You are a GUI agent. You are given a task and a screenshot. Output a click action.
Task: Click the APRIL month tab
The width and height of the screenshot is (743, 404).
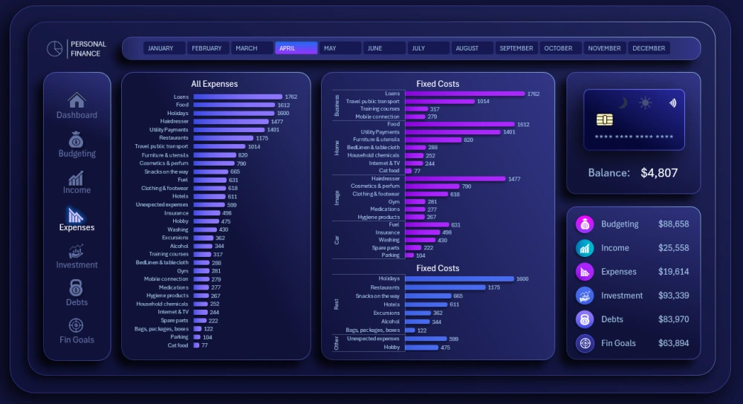click(296, 48)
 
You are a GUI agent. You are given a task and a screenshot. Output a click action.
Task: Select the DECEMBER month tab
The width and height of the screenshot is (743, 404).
click(649, 48)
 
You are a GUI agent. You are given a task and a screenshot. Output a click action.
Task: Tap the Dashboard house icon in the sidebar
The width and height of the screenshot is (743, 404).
click(77, 100)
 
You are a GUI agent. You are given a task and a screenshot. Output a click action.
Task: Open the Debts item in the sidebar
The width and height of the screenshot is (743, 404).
click(77, 293)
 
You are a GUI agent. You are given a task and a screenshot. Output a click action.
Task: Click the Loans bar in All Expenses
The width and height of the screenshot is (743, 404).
click(238, 97)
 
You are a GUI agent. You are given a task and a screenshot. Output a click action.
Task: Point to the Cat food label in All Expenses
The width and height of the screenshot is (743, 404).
click(178, 345)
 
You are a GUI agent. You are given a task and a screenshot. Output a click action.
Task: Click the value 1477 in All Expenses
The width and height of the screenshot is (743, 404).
click(277, 122)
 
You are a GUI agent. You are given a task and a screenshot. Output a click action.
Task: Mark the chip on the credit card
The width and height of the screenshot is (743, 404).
click(604, 120)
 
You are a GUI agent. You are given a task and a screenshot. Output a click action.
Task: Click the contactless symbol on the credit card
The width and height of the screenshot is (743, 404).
click(672, 103)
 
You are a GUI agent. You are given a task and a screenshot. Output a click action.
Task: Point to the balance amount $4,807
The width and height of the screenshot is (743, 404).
click(659, 173)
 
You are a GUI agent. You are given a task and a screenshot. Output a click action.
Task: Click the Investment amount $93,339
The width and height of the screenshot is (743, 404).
click(673, 296)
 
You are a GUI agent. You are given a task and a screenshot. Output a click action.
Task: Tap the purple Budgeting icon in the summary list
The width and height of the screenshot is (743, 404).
click(585, 224)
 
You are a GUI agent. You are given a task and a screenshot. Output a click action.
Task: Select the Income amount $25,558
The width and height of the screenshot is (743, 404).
click(673, 248)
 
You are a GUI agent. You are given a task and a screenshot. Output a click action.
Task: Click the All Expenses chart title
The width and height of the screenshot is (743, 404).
click(215, 84)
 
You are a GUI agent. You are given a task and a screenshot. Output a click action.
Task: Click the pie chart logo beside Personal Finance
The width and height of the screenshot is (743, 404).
click(54, 48)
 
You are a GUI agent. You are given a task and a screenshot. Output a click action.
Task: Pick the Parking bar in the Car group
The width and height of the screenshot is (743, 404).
click(409, 255)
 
